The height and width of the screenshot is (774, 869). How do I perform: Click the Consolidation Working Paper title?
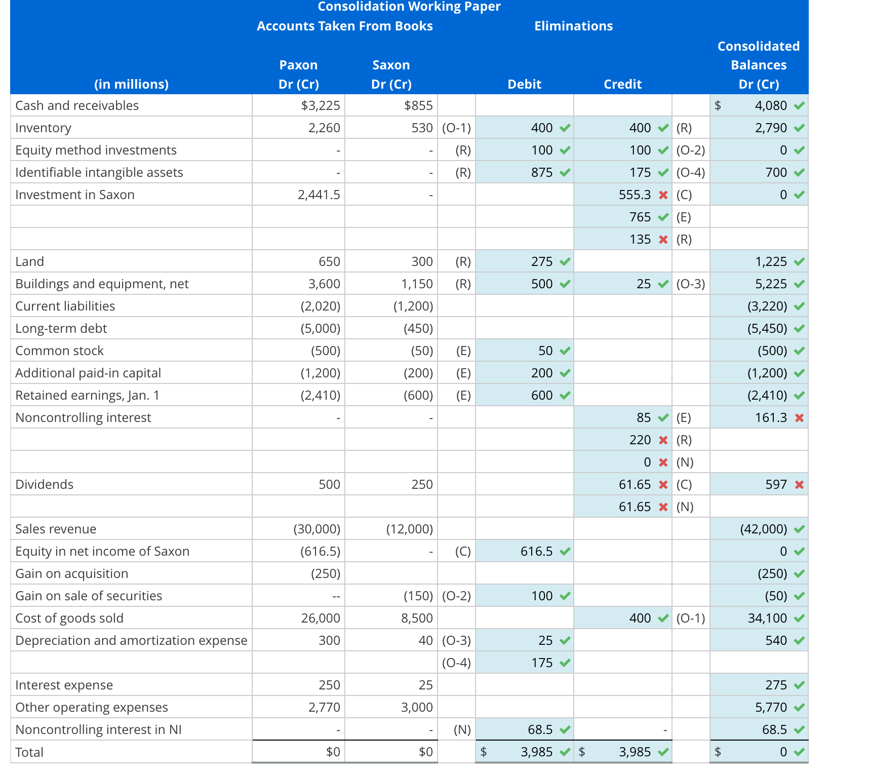[x=409, y=7]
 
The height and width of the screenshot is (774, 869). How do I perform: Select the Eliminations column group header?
[x=573, y=26]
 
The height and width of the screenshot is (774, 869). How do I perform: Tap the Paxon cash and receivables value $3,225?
[x=321, y=105]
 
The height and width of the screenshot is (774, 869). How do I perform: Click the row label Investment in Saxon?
[x=75, y=195]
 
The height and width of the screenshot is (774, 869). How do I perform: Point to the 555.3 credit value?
[x=635, y=195]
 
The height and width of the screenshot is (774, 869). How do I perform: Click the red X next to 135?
[x=663, y=239]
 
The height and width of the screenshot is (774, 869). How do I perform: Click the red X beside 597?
[x=799, y=485]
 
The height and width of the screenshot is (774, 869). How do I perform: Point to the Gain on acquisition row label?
[x=72, y=573]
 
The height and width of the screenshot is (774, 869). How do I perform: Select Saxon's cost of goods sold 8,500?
[x=417, y=618]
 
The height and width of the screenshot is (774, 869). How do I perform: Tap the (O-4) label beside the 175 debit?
[x=456, y=663]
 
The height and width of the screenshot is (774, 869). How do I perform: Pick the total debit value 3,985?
[x=536, y=752]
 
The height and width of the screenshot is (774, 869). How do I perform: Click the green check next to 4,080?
[x=799, y=106]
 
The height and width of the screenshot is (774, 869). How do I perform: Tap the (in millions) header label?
[x=131, y=84]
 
